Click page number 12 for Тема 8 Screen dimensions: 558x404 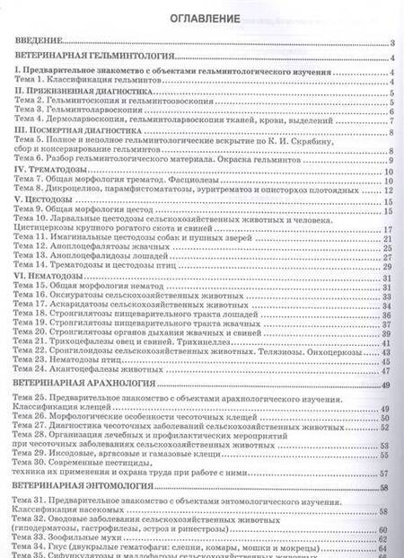391,190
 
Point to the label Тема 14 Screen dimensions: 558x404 33,267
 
